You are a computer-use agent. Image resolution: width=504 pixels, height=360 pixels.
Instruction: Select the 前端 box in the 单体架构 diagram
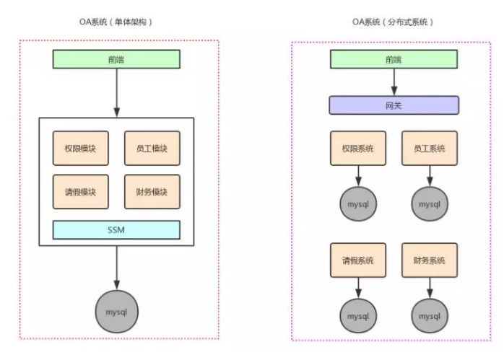116,59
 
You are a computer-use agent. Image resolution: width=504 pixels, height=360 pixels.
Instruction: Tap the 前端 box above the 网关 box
394,59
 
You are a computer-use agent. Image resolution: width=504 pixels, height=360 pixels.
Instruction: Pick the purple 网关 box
394,105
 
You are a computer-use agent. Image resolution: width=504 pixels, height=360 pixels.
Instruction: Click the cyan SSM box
116,229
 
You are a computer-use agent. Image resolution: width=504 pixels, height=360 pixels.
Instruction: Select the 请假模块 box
80,192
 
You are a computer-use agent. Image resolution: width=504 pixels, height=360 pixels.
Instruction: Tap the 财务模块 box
152,192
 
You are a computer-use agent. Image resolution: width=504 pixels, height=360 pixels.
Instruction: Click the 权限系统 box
359,149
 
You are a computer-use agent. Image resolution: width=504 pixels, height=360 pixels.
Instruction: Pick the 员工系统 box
429,149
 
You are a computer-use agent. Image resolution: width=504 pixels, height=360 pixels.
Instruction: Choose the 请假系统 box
359,260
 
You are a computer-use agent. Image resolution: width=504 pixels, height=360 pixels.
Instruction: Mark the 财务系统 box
429,260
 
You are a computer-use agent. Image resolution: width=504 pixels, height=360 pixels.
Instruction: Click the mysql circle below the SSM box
116,311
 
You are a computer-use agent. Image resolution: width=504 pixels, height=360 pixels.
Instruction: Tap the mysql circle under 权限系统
359,204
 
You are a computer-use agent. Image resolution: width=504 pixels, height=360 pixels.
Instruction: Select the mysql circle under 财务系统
429,316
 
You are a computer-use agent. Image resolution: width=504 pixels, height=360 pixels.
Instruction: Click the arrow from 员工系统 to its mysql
429,176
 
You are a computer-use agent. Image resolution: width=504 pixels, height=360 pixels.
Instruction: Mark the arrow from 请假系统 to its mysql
359,287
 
